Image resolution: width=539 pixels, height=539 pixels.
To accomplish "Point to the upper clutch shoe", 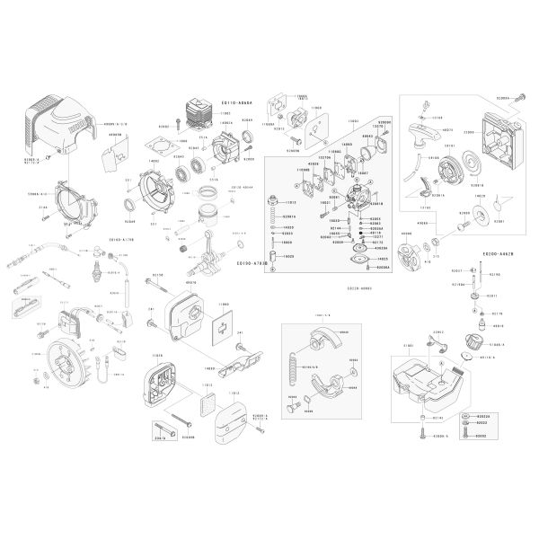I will tap(319, 340).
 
